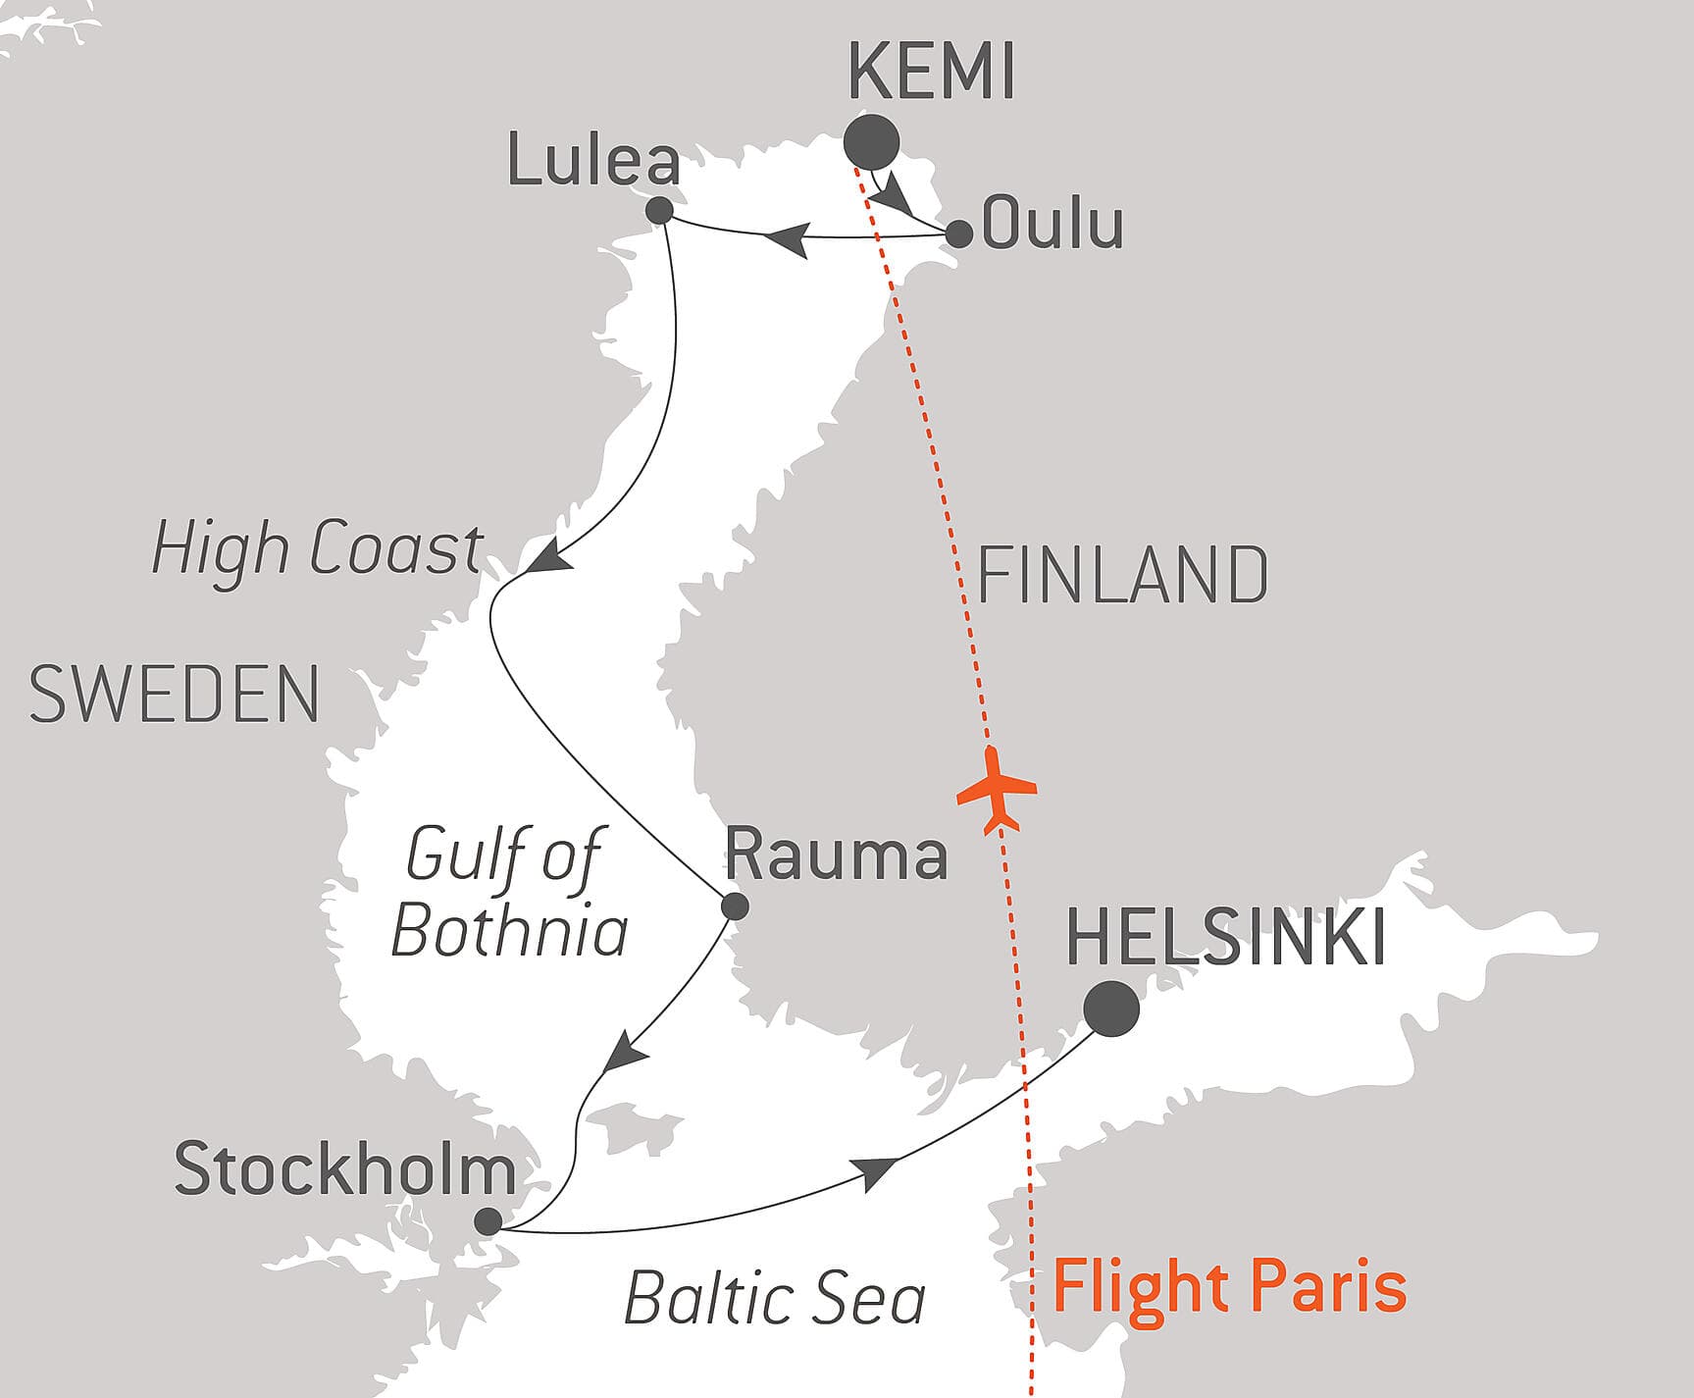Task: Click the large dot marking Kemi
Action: [x=871, y=142]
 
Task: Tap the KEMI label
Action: [x=930, y=73]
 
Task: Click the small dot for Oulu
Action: [x=958, y=234]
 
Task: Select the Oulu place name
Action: [x=1052, y=225]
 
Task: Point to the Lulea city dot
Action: [x=660, y=211]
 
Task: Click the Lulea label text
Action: [x=592, y=162]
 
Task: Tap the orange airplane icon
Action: [x=996, y=789]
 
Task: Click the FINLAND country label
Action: [x=1122, y=576]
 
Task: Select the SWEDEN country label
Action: [x=175, y=695]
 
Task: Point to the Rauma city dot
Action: [x=735, y=906]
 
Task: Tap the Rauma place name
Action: [x=836, y=854]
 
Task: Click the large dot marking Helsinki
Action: [x=1111, y=1009]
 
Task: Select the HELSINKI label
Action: [x=1225, y=938]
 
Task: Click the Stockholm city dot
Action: [x=488, y=1221]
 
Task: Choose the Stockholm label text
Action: [x=344, y=1169]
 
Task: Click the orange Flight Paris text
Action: [x=1229, y=1287]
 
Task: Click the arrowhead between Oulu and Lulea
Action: [x=788, y=238]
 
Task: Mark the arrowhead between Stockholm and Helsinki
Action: [x=875, y=1171]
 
